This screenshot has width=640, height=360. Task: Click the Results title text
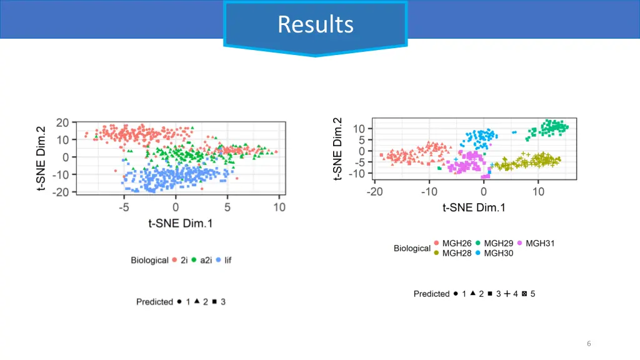(x=316, y=24)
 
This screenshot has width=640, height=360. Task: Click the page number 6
(x=589, y=343)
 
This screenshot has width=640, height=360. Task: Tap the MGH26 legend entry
(x=456, y=243)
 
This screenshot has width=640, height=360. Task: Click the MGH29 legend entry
(x=498, y=243)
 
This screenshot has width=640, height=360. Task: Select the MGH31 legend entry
(x=539, y=243)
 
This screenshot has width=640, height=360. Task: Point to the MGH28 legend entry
(x=456, y=253)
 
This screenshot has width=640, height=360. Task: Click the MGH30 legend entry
(x=498, y=253)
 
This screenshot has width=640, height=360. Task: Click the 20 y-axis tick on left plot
(x=62, y=122)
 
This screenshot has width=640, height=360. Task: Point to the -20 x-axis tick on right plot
(x=375, y=192)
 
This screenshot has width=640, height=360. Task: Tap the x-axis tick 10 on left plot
(x=279, y=207)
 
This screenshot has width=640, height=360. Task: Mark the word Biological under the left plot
(x=149, y=260)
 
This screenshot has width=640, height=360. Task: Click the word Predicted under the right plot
(x=431, y=294)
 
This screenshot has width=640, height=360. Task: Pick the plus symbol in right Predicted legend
(x=507, y=293)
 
